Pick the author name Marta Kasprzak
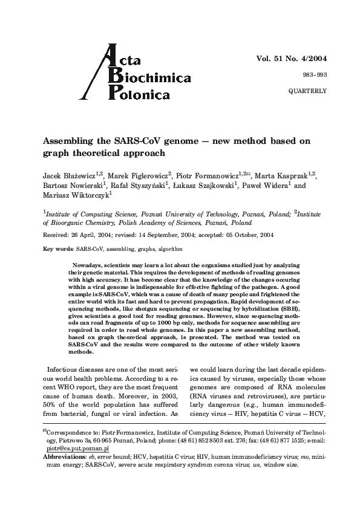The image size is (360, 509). pyautogui.click(x=283, y=175)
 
